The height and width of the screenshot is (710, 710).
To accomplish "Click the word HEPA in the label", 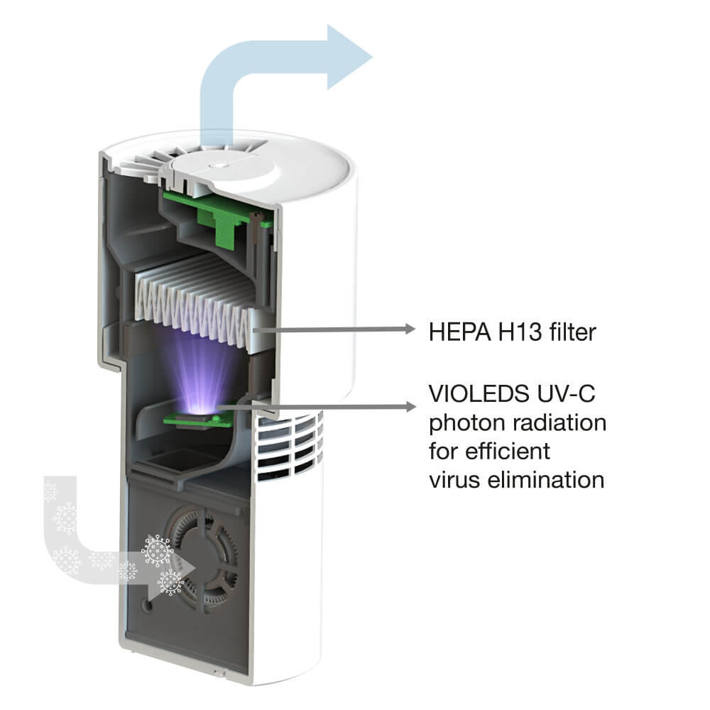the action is (x=460, y=332).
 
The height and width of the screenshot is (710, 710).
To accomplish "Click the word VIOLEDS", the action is (x=479, y=393).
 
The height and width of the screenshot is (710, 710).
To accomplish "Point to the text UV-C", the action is (x=566, y=393).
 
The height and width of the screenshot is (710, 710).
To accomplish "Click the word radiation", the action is (x=559, y=422).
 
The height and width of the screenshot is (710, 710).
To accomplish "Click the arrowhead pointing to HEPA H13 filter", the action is (x=409, y=329).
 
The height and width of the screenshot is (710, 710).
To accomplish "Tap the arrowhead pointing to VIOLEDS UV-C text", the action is (x=409, y=407).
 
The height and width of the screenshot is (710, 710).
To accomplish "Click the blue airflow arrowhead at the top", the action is (x=349, y=57).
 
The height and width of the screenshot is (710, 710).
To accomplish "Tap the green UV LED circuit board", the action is (x=199, y=421).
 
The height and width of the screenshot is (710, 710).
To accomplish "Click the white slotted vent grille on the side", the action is (x=290, y=446).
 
